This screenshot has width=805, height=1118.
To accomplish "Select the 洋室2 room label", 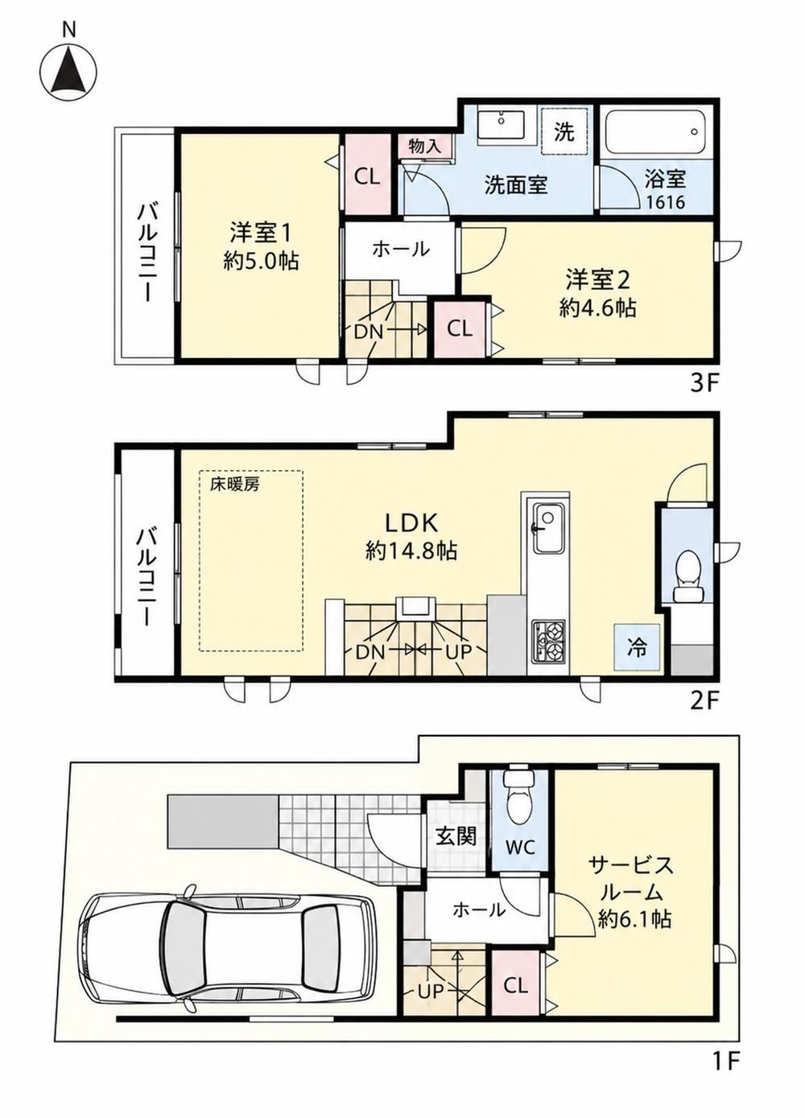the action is tap(597, 280).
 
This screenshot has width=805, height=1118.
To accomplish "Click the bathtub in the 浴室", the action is tap(656, 132).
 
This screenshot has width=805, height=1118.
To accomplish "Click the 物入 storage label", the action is tap(425, 146).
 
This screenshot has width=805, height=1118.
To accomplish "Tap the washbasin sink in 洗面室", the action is tap(501, 126).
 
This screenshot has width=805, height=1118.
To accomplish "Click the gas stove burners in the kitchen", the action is tap(548, 642).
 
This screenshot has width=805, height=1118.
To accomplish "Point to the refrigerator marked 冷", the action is tap(637, 647).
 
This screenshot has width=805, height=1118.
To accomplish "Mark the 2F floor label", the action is tap(704, 702).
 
